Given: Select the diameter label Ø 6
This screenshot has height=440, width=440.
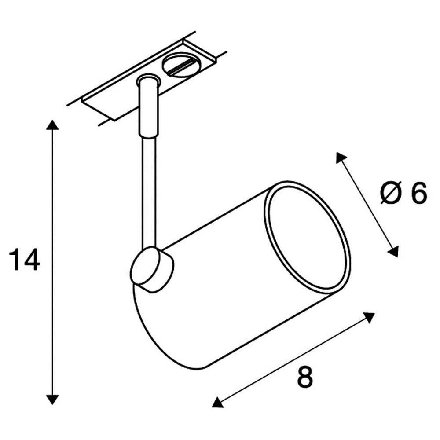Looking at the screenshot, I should coord(403,194).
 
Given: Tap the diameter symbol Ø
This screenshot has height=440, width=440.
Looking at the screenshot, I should coord(390,194).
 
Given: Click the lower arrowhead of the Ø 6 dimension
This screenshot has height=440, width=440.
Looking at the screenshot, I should coord(393,251).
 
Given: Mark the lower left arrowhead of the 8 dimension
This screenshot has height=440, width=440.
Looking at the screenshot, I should coord(217,402).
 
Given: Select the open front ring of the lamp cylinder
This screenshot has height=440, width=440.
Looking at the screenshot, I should coord(308,238).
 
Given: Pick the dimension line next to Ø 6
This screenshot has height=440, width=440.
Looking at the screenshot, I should coord(367,204).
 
